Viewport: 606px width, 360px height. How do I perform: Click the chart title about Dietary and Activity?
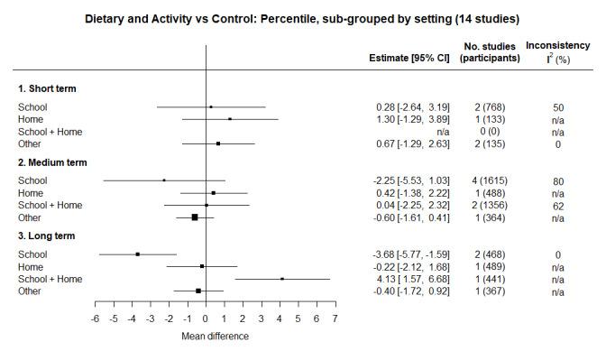point(302,18)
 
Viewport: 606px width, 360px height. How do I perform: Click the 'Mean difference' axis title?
point(215,337)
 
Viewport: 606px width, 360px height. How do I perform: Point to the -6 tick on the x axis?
point(94,319)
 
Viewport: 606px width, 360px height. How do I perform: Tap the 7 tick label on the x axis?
point(335,319)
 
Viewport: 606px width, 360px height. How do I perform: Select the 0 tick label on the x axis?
point(206,319)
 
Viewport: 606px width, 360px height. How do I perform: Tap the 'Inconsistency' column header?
point(558,45)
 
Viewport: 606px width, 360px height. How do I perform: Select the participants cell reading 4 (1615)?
point(489,180)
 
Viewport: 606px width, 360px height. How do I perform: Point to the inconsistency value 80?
point(558,180)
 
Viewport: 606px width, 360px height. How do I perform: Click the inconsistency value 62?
point(558,205)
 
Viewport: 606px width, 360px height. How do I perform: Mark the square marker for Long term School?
point(137,254)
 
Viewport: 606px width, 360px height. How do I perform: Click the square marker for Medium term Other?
point(194,217)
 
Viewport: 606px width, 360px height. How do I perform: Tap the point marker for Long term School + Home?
point(282,279)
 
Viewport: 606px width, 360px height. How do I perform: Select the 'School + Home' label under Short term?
point(50,132)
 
